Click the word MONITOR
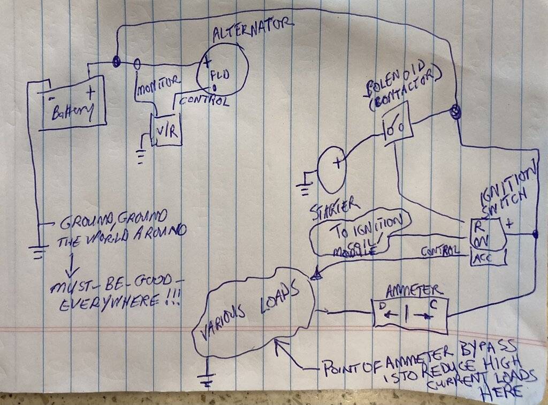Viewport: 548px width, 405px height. coord(159,88)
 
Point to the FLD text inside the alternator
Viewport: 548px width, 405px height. coord(221,75)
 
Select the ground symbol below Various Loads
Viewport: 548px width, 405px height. coord(207,381)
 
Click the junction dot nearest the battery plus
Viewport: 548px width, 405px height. coord(116,62)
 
